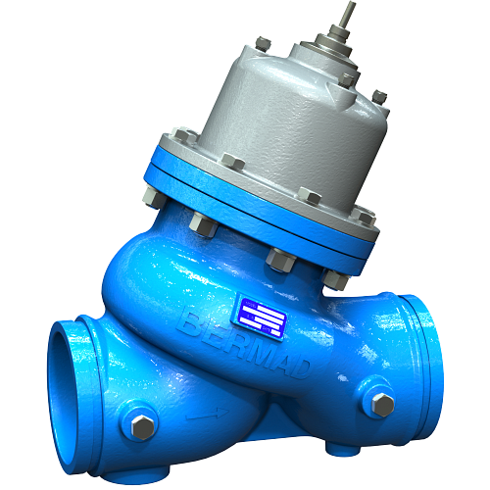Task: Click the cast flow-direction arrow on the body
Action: (x=201, y=416)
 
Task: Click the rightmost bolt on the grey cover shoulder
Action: (x=379, y=95)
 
